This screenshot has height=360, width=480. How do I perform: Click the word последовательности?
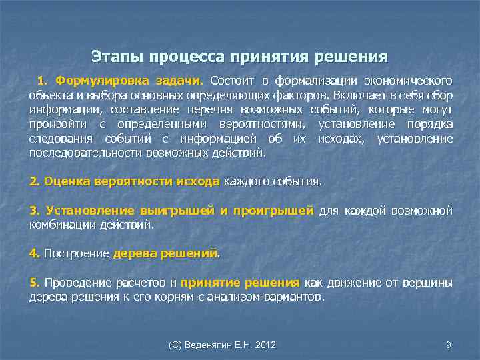tap(73, 153)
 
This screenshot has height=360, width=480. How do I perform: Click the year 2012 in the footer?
tap(264, 345)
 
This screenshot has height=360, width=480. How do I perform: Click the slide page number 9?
tap(448, 345)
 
